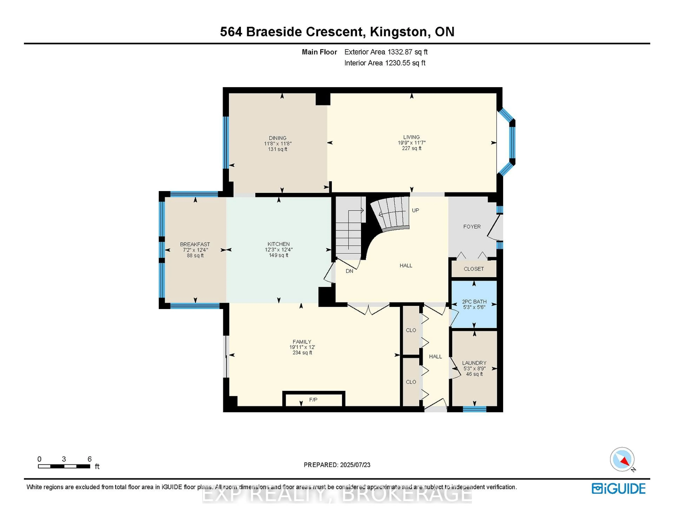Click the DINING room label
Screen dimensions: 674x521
coord(277,138)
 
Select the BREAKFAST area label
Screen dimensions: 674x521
coord(195,244)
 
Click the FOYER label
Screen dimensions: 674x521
coord(472,227)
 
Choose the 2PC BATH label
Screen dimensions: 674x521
coord(474,302)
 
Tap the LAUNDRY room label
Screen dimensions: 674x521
coord(474,363)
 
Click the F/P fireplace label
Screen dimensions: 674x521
coord(313,400)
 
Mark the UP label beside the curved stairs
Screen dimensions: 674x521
coord(415,210)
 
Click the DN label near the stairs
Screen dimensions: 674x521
coord(349,271)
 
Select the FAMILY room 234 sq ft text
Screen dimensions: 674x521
coord(302,352)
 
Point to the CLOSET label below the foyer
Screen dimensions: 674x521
coord(474,269)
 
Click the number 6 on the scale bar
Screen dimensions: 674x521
coord(90,459)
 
